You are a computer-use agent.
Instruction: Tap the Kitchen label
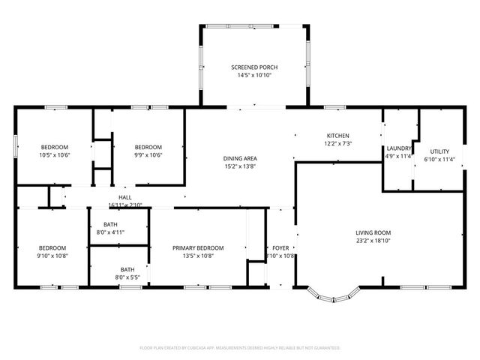(337, 135)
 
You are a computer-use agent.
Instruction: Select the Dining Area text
(240, 158)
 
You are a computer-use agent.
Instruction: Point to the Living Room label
(373, 232)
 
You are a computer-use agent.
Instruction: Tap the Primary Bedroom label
(198, 247)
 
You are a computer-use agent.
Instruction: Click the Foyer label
(280, 247)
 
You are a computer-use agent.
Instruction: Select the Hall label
(124, 197)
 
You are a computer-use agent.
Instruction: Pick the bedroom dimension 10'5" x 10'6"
(54, 155)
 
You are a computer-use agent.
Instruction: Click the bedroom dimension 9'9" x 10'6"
(148, 155)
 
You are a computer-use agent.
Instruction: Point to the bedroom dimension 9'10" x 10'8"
(52, 256)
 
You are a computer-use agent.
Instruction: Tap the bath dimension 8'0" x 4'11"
(110, 232)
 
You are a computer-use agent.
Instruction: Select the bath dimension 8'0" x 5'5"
(127, 277)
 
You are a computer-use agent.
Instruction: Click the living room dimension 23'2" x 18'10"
(373, 241)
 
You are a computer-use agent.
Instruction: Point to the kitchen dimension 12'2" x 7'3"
(337, 143)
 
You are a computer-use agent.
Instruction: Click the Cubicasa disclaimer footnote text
(240, 348)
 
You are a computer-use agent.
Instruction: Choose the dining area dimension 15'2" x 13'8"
(240, 166)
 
